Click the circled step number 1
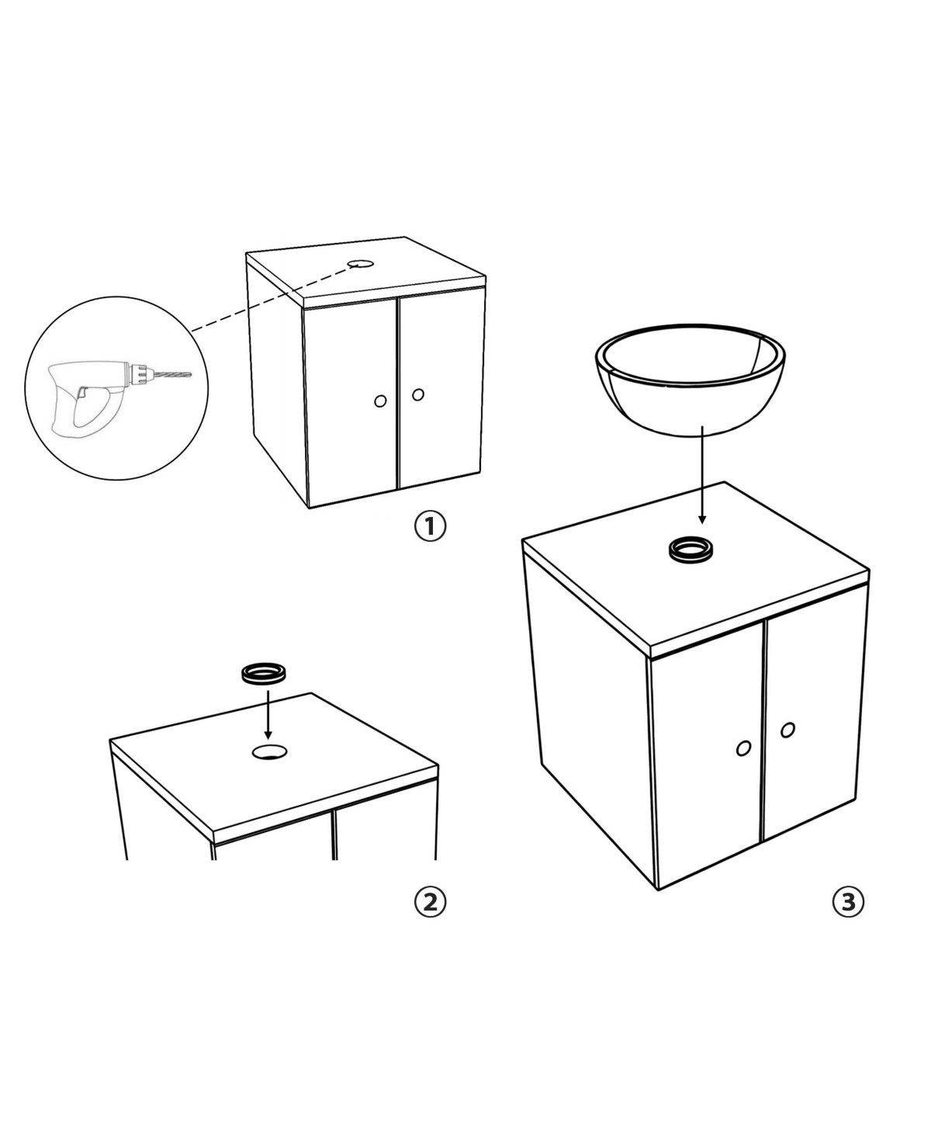pyautogui.click(x=430, y=526)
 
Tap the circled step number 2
pyautogui.click(x=430, y=902)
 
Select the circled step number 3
pyautogui.click(x=849, y=902)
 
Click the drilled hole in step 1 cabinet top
pyautogui.click(x=361, y=264)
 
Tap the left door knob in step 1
pyautogui.click(x=380, y=401)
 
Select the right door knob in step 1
pyautogui.click(x=418, y=394)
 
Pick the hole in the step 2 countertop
pyautogui.click(x=270, y=751)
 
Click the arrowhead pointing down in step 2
pyautogui.click(x=268, y=735)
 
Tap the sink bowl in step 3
pyautogui.click(x=690, y=378)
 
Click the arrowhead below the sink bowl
pyautogui.click(x=702, y=519)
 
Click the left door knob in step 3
pyautogui.click(x=743, y=748)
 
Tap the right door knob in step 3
pyautogui.click(x=787, y=730)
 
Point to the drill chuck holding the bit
pyautogui.click(x=139, y=373)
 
